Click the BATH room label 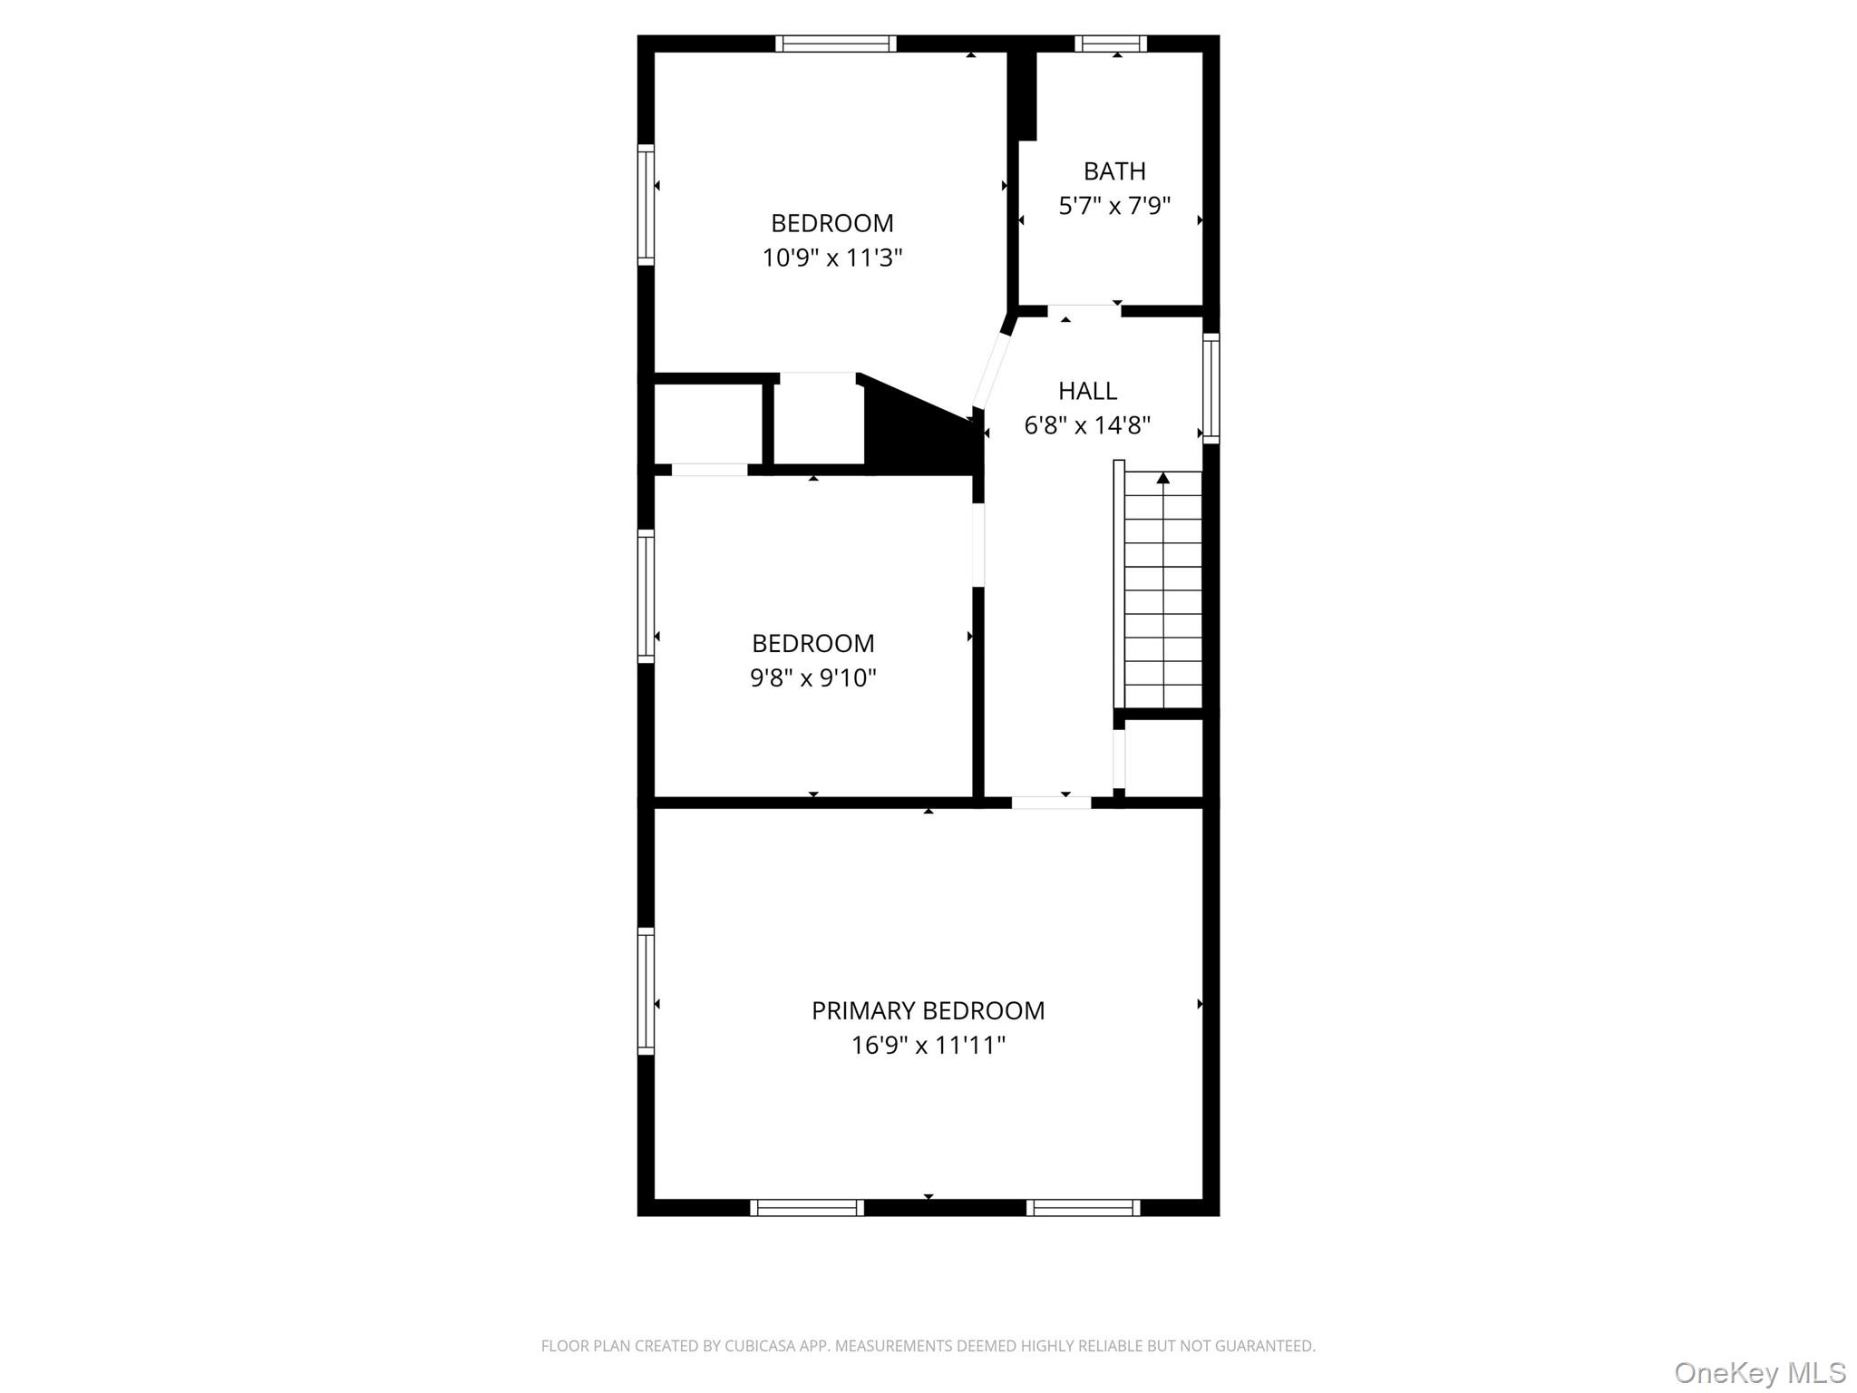pyautogui.click(x=1114, y=170)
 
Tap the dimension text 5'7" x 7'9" pyautogui.click(x=1114, y=206)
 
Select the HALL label pyautogui.click(x=1087, y=391)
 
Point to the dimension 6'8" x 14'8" pyautogui.click(x=1087, y=425)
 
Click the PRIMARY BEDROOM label pyautogui.click(x=928, y=1010)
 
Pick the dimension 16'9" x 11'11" pyautogui.click(x=928, y=1046)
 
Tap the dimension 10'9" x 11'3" pyautogui.click(x=831, y=258)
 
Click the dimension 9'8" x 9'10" pyautogui.click(x=812, y=677)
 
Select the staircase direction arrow pyautogui.click(x=1163, y=478)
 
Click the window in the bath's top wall pyautogui.click(x=1111, y=44)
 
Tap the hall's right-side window pyautogui.click(x=1210, y=388)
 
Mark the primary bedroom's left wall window pyautogui.click(x=646, y=990)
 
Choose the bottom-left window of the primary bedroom pyautogui.click(x=806, y=1207)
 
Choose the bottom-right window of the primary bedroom pyautogui.click(x=1083, y=1207)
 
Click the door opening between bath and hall pyautogui.click(x=1084, y=311)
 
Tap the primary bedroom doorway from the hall pyautogui.click(x=1051, y=803)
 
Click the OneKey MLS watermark pyautogui.click(x=1759, y=1372)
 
